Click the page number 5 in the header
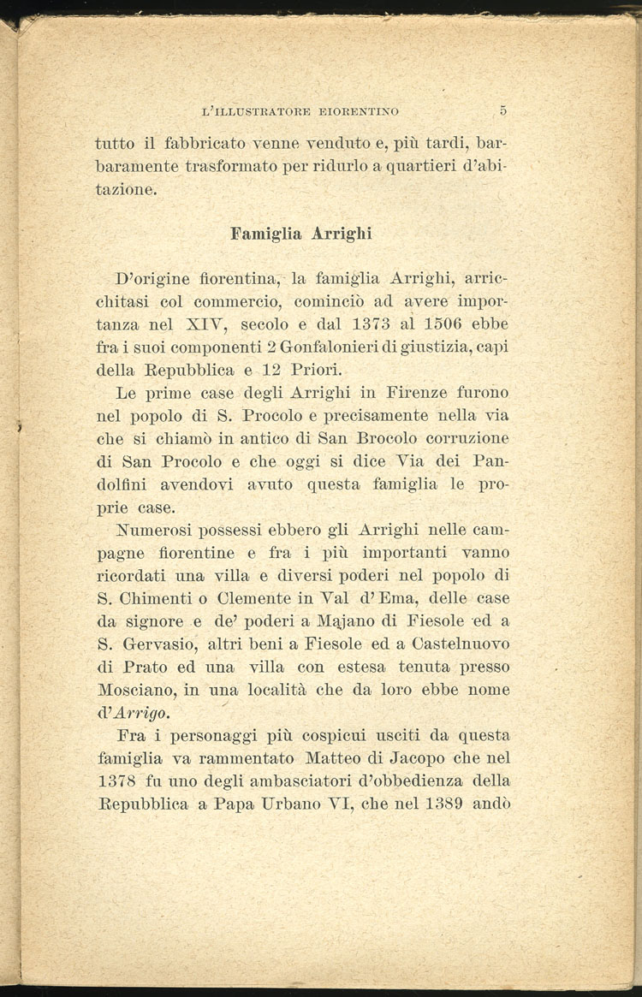coord(503,110)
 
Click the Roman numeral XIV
coord(204,325)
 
